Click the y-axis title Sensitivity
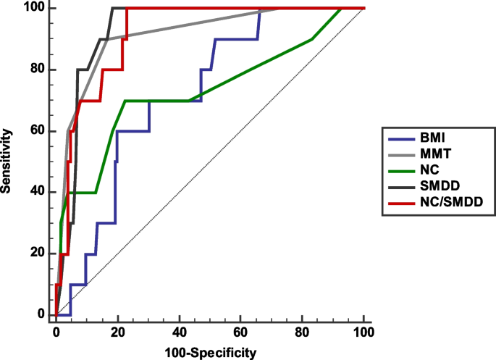coord(8,161)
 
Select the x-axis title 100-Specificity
coord(209,353)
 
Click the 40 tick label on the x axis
coord(179,332)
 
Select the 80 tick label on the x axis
coord(302,332)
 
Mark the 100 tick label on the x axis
coord(363,332)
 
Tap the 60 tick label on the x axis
coord(240,332)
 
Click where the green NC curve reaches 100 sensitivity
coord(340,9)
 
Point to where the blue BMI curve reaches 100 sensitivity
coord(259,9)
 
